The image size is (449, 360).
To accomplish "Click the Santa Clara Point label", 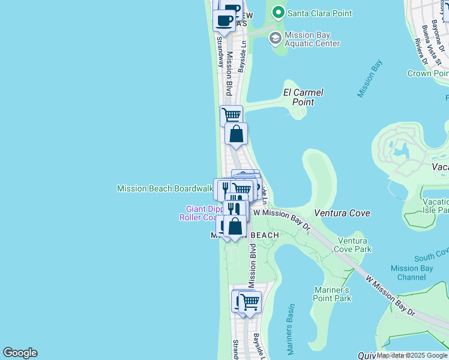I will pos(319,13).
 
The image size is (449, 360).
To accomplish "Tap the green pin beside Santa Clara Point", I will pos(277,12).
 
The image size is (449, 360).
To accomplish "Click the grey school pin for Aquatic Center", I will pos(275,39).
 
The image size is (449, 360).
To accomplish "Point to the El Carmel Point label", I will pos(303,97).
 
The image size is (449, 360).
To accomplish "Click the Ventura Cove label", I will pos(342,213).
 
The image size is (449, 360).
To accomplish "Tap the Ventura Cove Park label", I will pos(354,245).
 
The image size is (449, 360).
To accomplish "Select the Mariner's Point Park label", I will pos(333,294).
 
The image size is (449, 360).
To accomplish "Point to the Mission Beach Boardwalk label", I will pos(165,188).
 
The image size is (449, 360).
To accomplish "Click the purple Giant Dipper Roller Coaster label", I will pos(200,213).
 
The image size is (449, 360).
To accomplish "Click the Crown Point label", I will pos(427,73).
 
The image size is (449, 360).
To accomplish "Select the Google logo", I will pos(20,353).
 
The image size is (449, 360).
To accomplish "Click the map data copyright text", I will pos(412,355).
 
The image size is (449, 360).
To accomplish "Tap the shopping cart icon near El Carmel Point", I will pos(231,115).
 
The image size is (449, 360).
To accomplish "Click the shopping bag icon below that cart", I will pos(237,133).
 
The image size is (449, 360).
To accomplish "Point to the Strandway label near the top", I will pos(220,45).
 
